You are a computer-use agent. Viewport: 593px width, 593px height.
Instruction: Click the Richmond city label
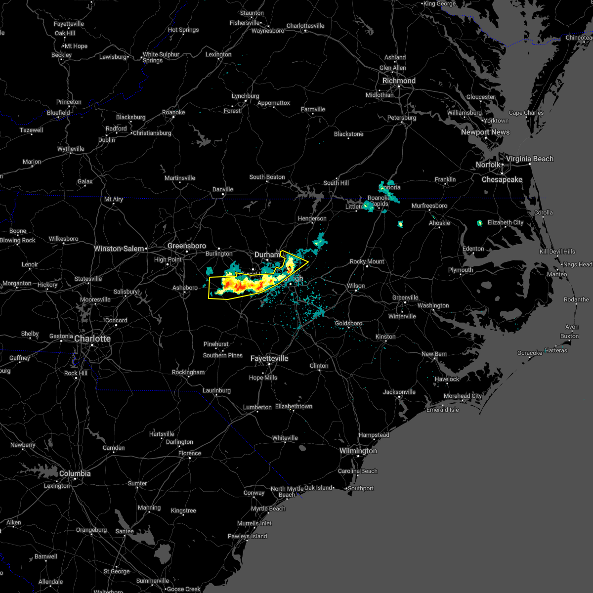coord(399,81)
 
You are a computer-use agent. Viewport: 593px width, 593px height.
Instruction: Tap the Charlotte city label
coord(92,339)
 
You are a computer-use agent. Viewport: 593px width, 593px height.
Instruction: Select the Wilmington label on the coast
coord(358,451)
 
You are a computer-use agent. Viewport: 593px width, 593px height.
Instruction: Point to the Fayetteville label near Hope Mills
coord(269,358)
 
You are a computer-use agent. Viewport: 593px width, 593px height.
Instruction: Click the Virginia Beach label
coord(530,159)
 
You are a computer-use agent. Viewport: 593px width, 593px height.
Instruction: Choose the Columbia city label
coord(75,473)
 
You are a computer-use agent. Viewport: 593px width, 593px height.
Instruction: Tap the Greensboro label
coord(187,246)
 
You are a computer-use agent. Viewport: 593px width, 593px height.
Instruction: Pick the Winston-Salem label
coord(119,249)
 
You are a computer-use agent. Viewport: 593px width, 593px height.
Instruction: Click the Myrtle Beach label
coord(268,508)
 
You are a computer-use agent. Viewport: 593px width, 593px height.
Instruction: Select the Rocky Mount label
coord(367,261)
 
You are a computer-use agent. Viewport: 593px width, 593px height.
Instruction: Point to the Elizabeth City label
coord(505,222)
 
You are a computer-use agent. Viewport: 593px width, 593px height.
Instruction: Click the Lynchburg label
coord(245,96)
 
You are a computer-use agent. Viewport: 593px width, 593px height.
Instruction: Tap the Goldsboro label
coord(348,323)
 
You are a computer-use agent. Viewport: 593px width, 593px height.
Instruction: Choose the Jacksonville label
coord(399,392)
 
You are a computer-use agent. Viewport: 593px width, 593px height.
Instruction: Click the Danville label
coord(223,189)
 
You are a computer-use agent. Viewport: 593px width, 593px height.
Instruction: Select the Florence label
coord(190,453)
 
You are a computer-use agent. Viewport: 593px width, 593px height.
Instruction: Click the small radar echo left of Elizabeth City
coord(479,223)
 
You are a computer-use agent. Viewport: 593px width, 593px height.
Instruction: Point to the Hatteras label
coord(556,350)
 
